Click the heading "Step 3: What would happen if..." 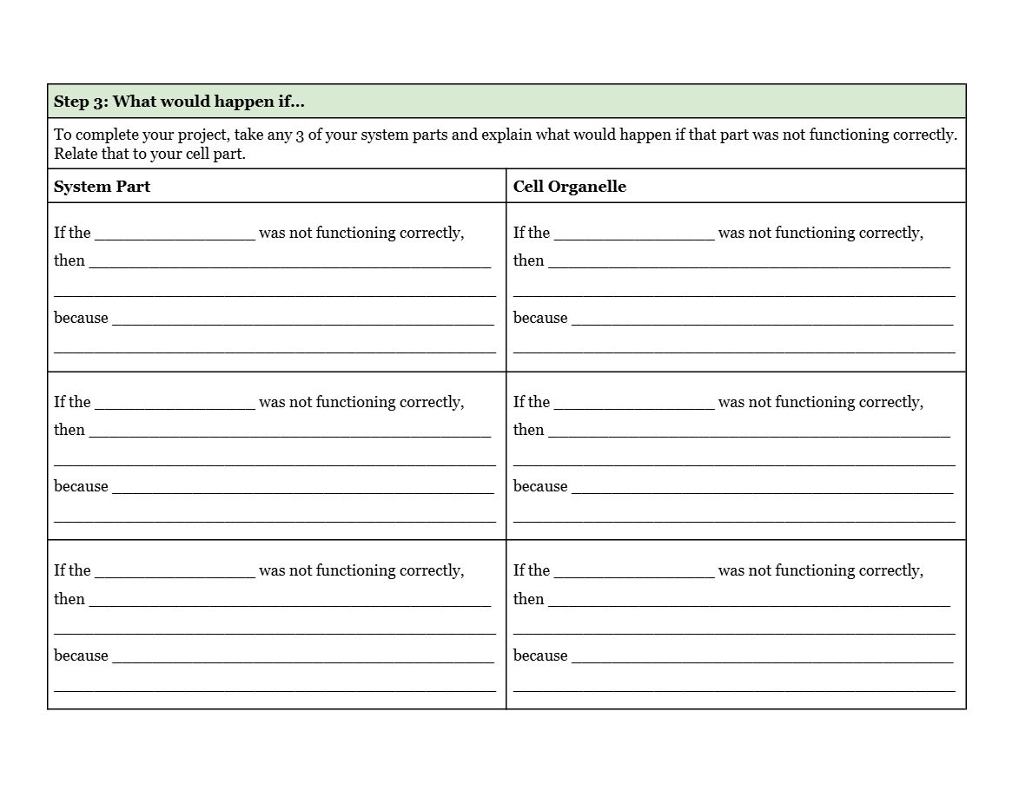(179, 102)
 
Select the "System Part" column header (102, 187)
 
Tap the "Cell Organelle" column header (569, 187)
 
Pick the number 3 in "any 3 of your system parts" (300, 135)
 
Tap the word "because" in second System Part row (81, 486)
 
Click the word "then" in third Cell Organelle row (528, 599)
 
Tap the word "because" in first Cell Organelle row (540, 318)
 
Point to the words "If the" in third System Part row (72, 570)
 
